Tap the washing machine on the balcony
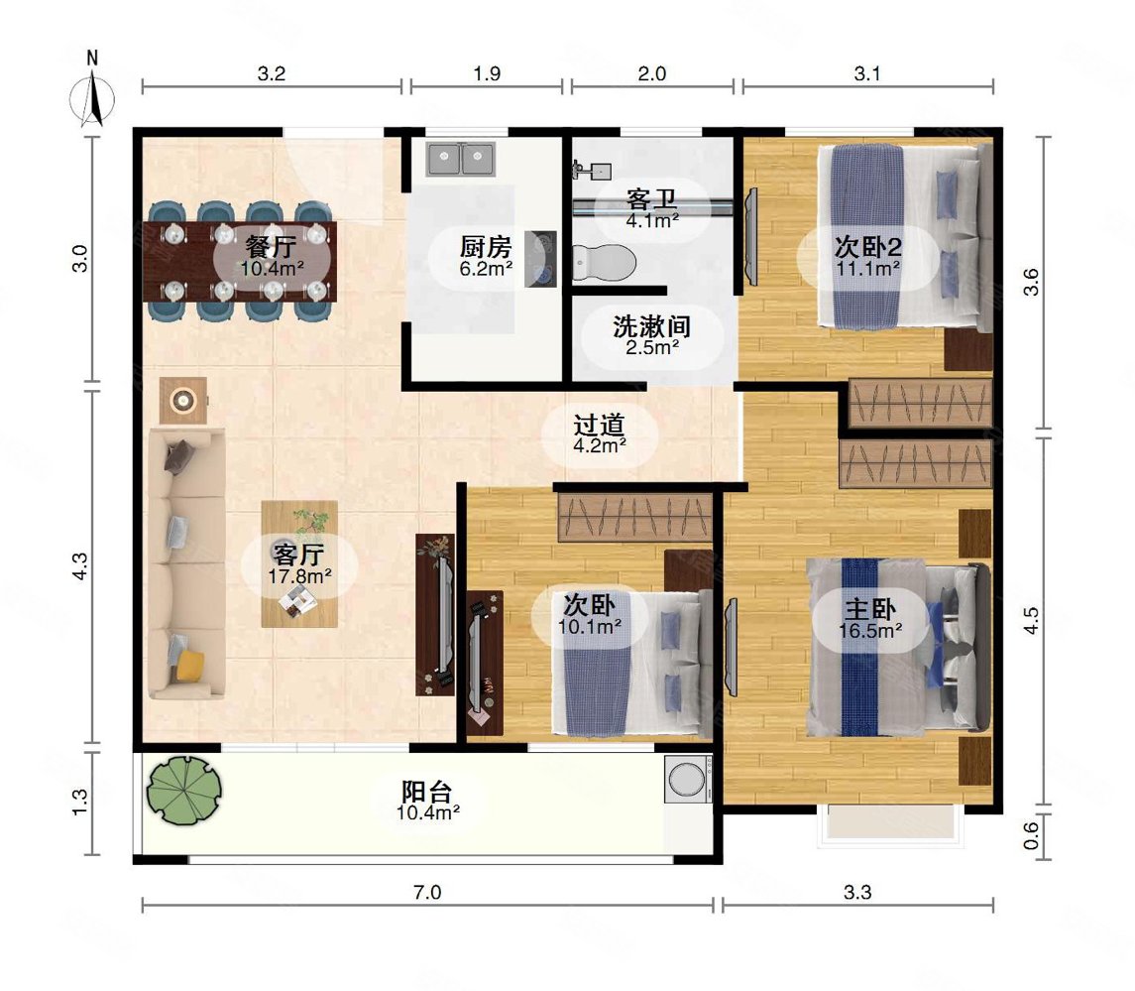click(687, 780)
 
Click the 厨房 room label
click(486, 246)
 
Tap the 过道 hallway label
click(599, 425)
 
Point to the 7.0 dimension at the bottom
click(426, 893)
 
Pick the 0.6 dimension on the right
click(1031, 836)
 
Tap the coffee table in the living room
click(299, 563)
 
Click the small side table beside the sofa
click(183, 400)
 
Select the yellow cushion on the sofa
click(188, 663)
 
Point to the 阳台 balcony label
click(427, 793)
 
